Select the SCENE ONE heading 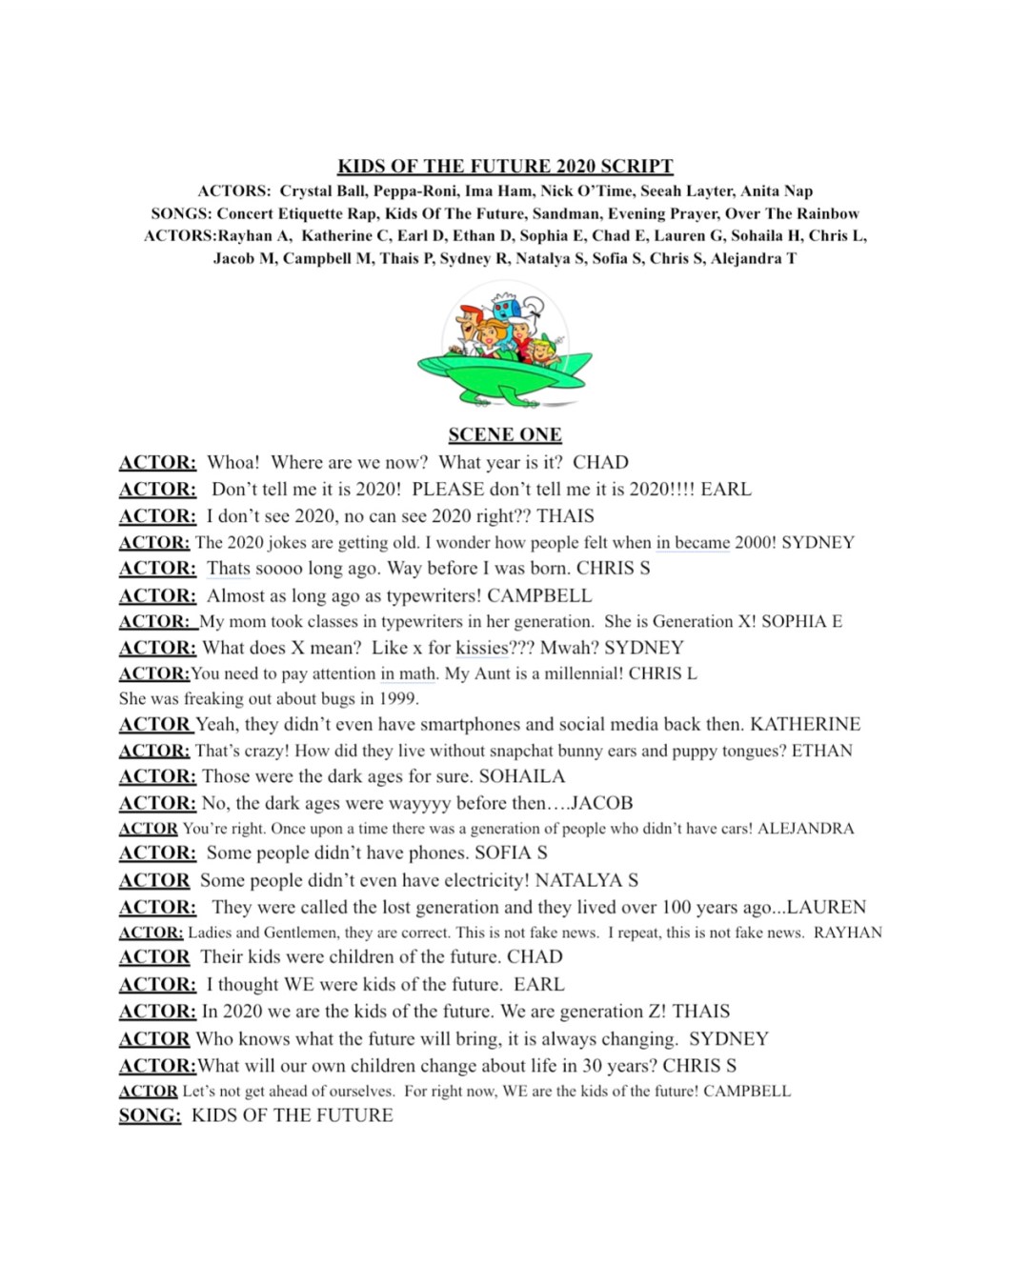pyautogui.click(x=505, y=435)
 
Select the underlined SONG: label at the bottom pyautogui.click(x=150, y=1115)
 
